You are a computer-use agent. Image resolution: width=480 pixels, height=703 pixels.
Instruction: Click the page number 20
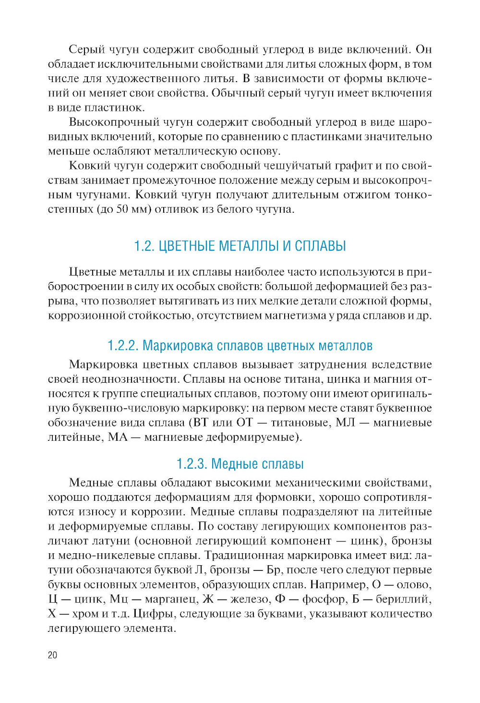52,655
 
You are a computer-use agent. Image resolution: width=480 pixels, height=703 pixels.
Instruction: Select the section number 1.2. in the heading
144,246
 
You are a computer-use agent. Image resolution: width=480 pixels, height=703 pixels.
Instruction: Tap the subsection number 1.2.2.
123,345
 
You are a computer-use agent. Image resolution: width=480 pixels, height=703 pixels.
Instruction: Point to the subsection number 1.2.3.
192,464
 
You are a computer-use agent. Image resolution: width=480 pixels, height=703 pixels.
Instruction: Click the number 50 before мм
123,209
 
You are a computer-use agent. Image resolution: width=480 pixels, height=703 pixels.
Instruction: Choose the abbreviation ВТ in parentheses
200,423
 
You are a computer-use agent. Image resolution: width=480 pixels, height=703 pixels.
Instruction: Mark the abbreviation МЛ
345,423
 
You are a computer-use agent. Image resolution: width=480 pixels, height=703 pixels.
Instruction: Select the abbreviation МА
118,437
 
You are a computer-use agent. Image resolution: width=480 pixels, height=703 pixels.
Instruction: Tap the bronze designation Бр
273,570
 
